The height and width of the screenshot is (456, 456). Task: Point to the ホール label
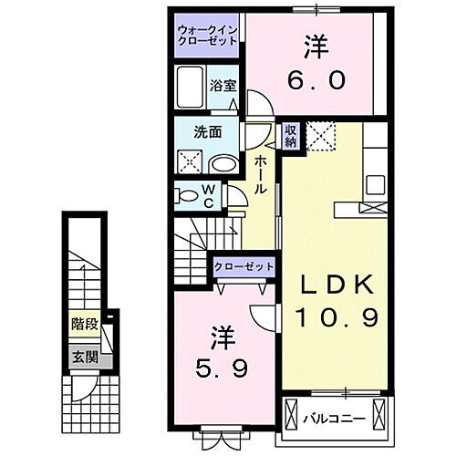[x=261, y=173]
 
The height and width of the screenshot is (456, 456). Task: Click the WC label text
[x=207, y=196]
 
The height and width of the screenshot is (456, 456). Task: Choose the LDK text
[x=338, y=285]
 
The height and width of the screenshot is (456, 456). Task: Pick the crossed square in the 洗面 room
[x=189, y=161]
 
